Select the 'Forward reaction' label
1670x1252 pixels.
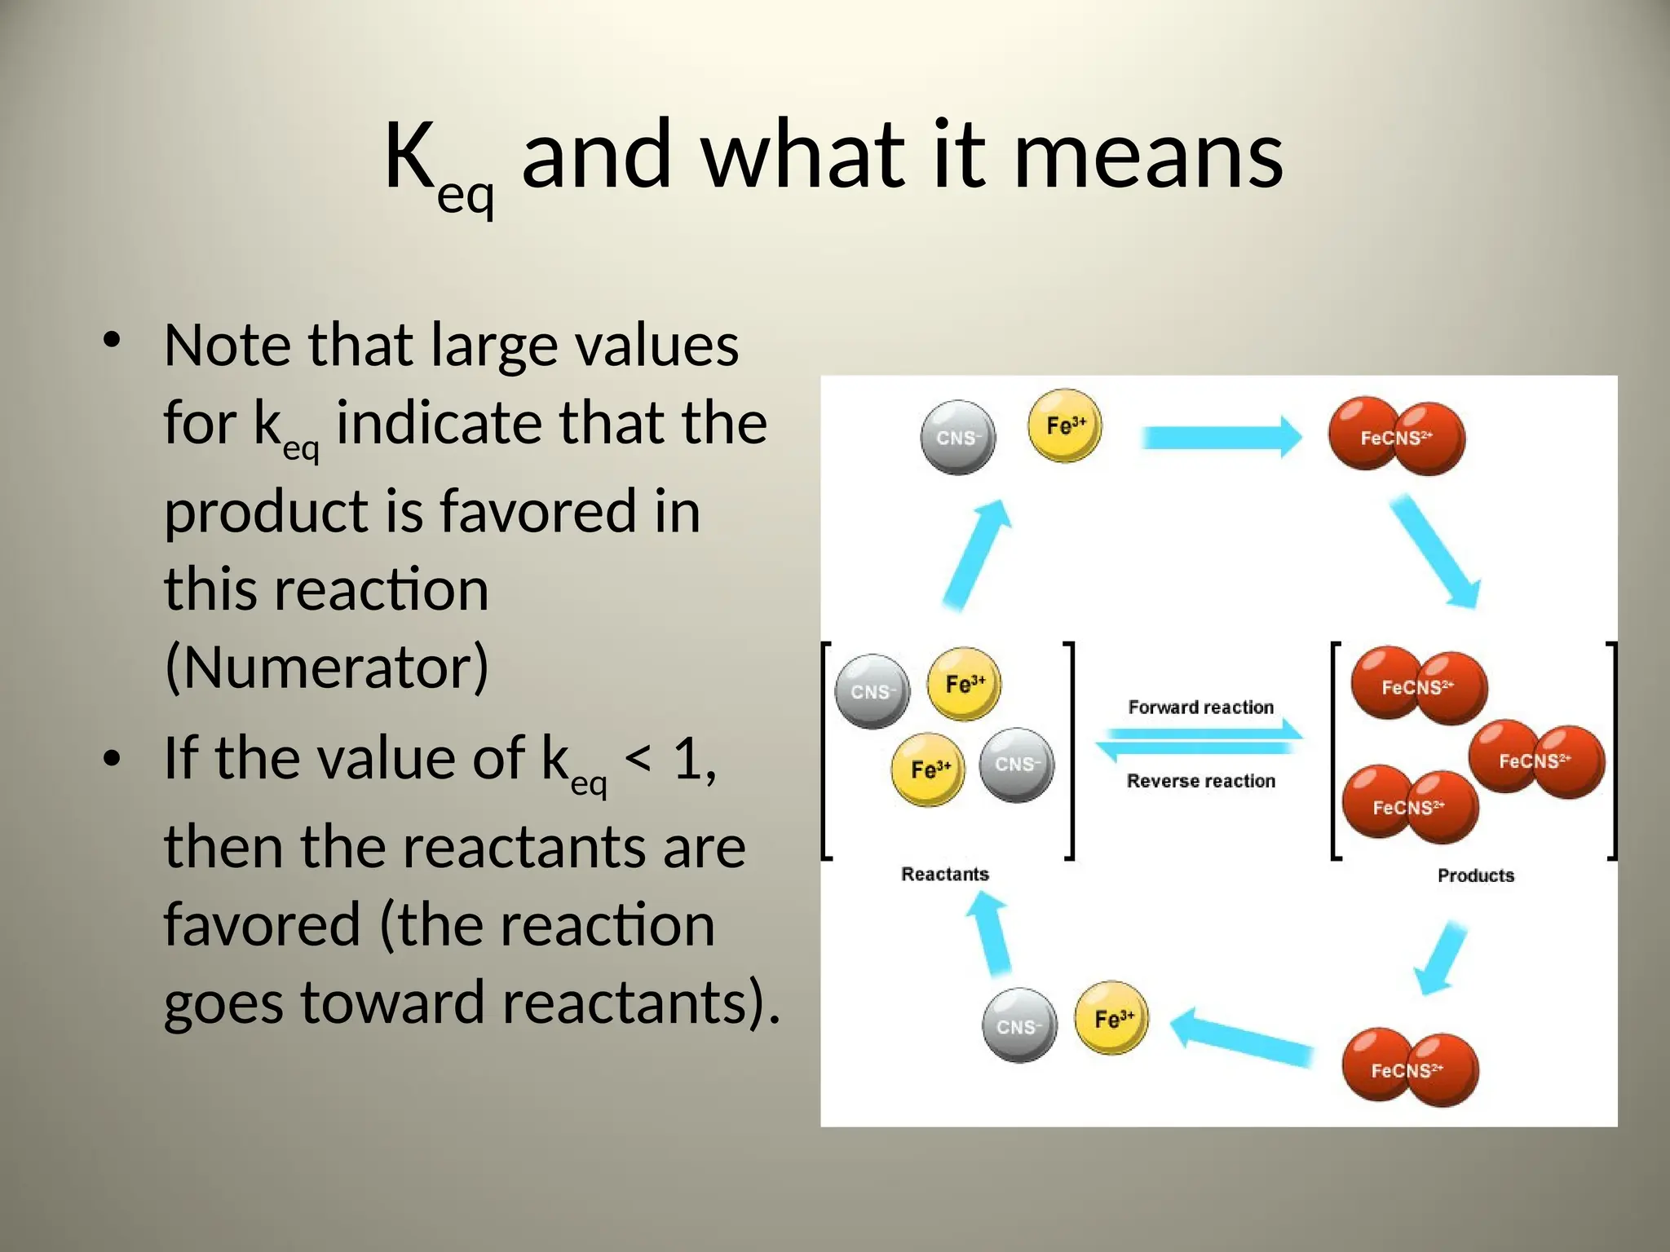[x=1200, y=708]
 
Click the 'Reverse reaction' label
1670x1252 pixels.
[x=1200, y=781]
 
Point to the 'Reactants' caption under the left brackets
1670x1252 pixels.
[x=944, y=875]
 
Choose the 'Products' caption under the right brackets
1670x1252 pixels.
[x=1475, y=876]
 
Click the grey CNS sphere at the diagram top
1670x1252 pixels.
[x=957, y=438]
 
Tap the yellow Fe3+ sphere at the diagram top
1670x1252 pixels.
[x=1065, y=425]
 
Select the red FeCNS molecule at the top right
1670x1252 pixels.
[x=1396, y=438]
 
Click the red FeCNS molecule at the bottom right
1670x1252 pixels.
[x=1409, y=1069]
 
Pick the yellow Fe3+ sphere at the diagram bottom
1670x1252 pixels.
[x=1111, y=1018]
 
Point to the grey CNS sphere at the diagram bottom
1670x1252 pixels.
[x=1019, y=1026]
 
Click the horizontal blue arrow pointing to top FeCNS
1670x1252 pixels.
[x=1221, y=438]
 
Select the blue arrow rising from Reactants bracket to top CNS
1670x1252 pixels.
[x=978, y=554]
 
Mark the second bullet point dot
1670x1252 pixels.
[x=112, y=757]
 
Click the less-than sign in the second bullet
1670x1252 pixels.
[x=638, y=760]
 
